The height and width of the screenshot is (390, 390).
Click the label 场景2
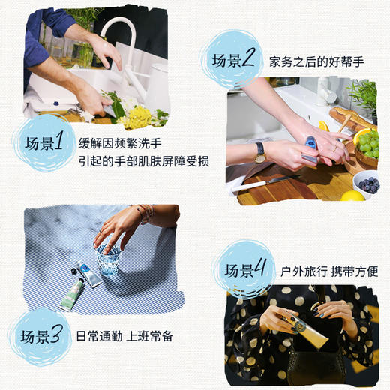(233, 60)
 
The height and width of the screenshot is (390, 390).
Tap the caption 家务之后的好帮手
(316, 61)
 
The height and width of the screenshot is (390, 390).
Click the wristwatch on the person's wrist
(259, 152)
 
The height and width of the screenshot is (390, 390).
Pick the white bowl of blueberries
(367, 183)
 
